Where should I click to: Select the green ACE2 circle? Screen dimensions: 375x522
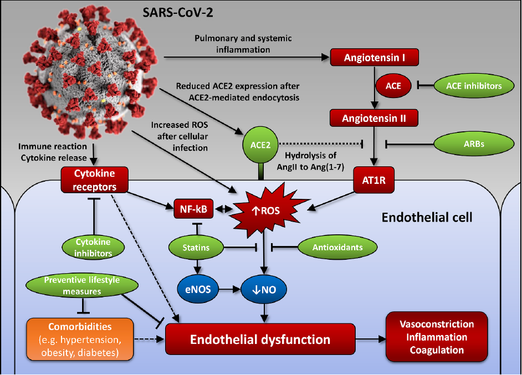[259, 145]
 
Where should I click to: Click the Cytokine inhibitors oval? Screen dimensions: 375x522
[93, 248]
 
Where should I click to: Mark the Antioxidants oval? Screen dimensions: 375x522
[337, 248]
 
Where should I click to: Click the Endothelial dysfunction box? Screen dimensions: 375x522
[260, 339]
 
